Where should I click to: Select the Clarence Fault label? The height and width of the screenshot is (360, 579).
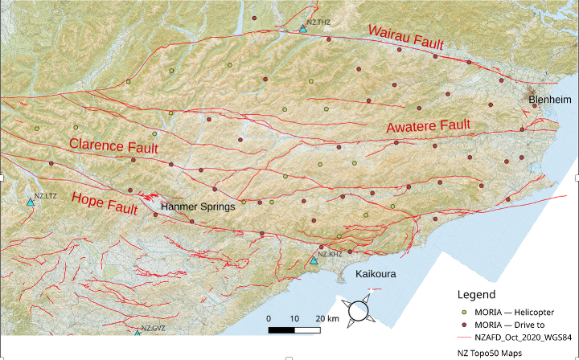113,146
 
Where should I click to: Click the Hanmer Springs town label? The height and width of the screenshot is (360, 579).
197,206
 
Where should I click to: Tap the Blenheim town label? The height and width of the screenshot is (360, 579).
550,99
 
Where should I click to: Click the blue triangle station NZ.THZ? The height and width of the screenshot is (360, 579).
302,29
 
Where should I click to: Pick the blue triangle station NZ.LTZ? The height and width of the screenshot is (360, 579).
31,202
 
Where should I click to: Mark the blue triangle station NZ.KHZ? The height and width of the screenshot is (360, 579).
314,260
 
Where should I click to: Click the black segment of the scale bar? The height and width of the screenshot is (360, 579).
282,329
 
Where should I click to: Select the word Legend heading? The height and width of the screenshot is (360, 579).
481,294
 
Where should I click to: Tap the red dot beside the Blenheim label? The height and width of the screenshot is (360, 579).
534,105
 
